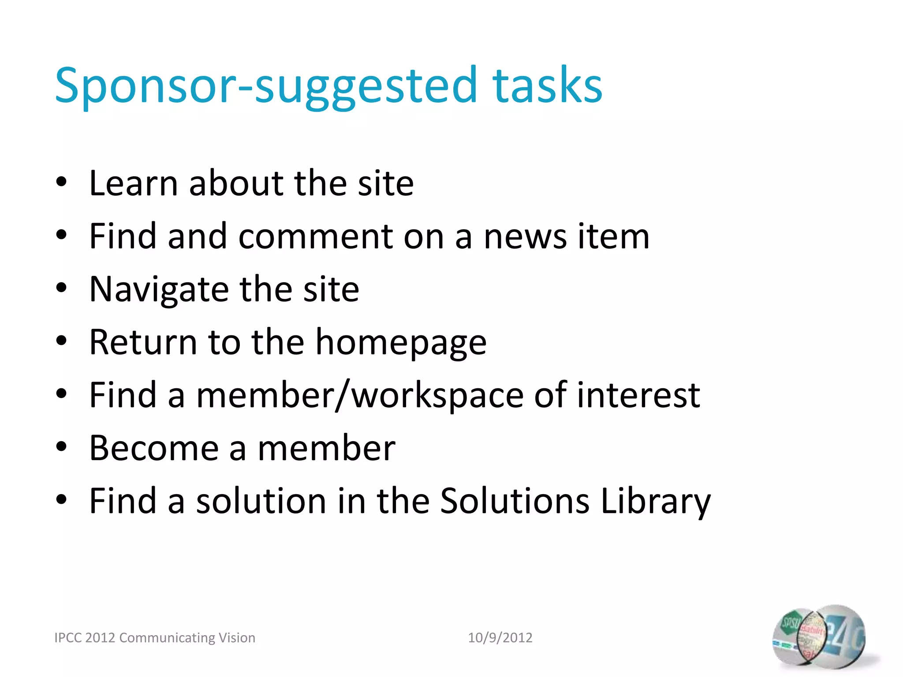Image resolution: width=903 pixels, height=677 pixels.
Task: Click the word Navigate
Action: (159, 290)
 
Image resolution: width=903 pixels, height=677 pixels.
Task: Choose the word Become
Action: (154, 448)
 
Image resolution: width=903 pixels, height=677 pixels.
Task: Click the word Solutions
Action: (515, 501)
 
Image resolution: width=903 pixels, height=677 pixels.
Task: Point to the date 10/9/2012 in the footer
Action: (500, 638)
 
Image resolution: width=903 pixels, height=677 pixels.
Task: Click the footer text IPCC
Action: (67, 638)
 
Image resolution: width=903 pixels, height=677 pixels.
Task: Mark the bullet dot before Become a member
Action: (61, 447)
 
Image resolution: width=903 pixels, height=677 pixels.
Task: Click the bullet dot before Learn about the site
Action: (61, 182)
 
